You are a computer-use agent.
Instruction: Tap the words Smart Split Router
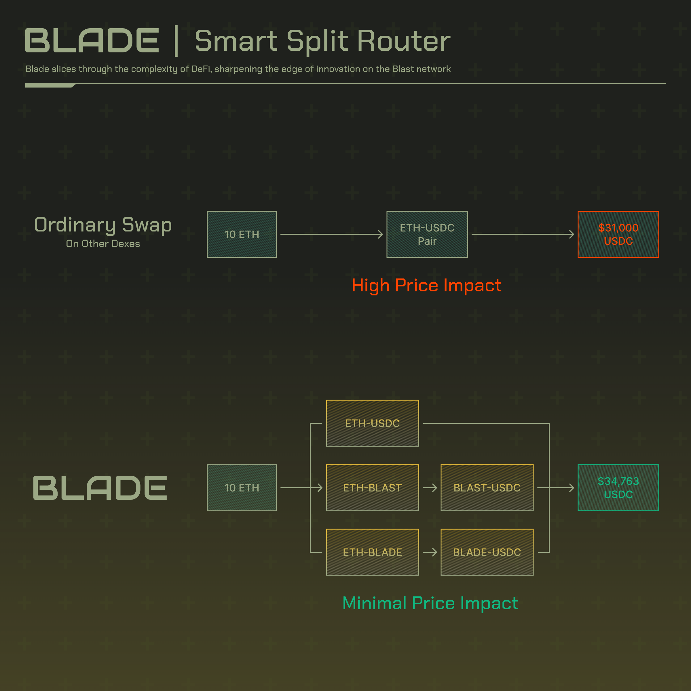(x=322, y=41)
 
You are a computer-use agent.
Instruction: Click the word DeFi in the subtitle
(x=201, y=69)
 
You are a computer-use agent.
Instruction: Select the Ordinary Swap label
(x=103, y=225)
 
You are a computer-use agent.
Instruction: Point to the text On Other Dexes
(x=103, y=244)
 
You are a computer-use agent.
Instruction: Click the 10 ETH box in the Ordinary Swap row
(x=242, y=234)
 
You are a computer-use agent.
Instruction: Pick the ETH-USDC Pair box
(x=427, y=234)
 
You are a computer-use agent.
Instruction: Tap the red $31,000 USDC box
(x=618, y=234)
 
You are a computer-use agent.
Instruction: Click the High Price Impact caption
(x=426, y=285)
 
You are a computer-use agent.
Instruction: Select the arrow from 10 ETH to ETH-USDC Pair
(x=332, y=234)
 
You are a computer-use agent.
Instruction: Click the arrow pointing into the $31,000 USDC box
(x=523, y=234)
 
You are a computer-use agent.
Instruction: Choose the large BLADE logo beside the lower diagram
(x=100, y=487)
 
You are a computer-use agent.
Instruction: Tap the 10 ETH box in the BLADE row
(x=242, y=487)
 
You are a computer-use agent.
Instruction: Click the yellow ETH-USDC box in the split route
(x=372, y=423)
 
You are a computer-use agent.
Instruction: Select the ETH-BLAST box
(x=372, y=487)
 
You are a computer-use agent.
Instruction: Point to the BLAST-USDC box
(x=487, y=487)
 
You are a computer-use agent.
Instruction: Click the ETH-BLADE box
(x=372, y=552)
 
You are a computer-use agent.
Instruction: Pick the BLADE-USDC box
(x=487, y=552)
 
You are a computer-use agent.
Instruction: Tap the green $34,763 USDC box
(x=618, y=487)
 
